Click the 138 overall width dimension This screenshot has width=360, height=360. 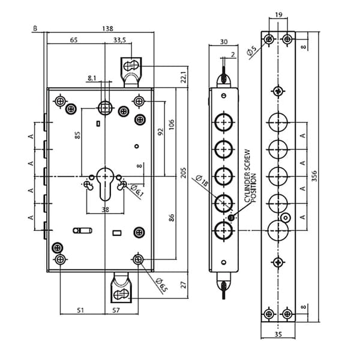point(107,28)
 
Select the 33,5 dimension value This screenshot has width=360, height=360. point(119,41)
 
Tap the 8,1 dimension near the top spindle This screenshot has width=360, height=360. point(92,78)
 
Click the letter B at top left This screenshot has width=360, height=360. point(35,28)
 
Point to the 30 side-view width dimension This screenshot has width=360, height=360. point(223,41)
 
